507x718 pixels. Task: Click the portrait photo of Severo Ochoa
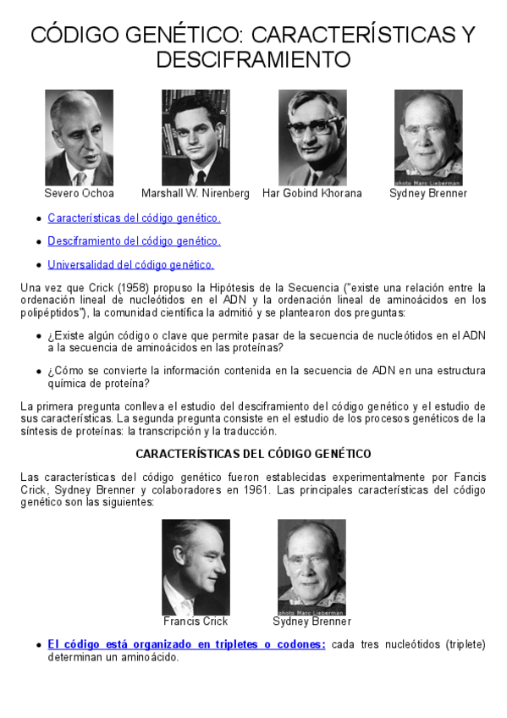[79, 138]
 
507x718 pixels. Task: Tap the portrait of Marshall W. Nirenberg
[196, 138]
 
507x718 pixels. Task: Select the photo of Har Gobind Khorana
[312, 138]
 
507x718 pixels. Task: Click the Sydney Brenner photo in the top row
[428, 138]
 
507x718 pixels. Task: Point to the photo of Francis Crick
[196, 566]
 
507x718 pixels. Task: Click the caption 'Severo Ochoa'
[79, 193]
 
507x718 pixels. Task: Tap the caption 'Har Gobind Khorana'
[312, 193]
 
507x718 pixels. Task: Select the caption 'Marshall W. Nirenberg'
[196, 193]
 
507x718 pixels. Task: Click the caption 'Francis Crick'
[196, 621]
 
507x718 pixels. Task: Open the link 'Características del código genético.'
[134, 218]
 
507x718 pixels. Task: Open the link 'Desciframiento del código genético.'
[134, 241]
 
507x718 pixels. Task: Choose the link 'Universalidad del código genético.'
[130, 264]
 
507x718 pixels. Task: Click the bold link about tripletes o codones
[186, 644]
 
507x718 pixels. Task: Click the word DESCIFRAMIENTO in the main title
[253, 59]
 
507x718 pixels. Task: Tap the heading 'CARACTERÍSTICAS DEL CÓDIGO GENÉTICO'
[253, 454]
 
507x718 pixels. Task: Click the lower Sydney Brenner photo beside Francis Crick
[311, 566]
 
